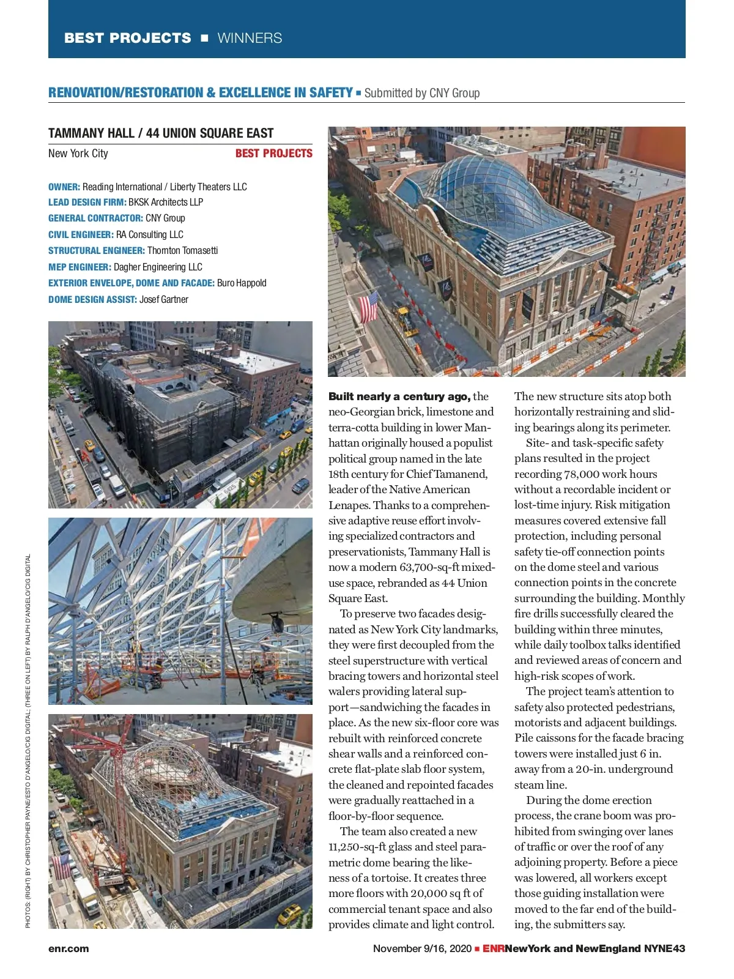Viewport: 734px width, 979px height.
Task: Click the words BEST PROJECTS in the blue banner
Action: point(127,38)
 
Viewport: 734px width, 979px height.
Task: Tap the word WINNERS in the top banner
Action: point(250,38)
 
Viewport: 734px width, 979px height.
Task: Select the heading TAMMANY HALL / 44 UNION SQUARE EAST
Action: point(161,133)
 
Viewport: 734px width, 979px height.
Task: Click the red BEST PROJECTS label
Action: point(273,154)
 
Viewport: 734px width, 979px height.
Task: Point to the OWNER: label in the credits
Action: point(64,187)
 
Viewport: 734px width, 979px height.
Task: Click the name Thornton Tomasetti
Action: point(182,251)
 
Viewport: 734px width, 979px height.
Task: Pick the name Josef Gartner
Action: point(163,299)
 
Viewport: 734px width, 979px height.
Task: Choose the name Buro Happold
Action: point(242,283)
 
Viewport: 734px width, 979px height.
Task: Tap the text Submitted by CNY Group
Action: point(421,93)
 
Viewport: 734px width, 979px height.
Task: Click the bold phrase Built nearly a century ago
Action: point(399,396)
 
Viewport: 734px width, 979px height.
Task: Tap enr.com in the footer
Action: point(69,948)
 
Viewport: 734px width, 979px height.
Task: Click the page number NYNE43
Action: point(664,948)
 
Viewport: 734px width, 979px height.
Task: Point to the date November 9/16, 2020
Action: point(422,948)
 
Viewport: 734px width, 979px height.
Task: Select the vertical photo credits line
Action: point(28,740)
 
